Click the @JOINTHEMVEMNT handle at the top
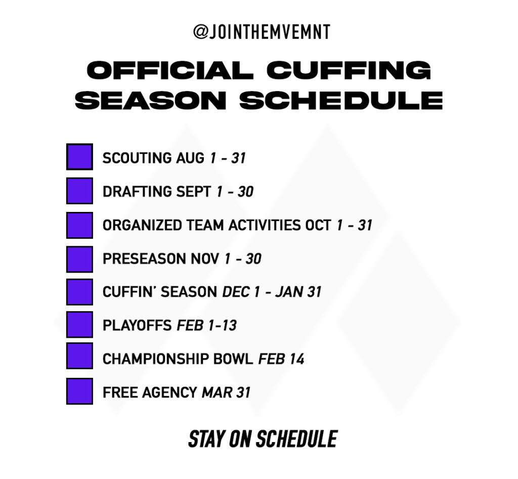pos(262,32)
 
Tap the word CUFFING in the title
pos(349,70)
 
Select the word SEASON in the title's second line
pos(151,100)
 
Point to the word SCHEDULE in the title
pos(341,100)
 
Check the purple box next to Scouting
pos(79,157)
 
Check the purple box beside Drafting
pos(79,191)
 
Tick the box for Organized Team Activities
pos(79,225)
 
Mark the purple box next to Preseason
pos(79,259)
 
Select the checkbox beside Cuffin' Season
pos(79,292)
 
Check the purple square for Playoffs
pos(79,324)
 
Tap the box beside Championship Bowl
pos(79,356)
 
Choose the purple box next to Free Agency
pos(79,391)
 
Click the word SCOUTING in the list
pos(137,158)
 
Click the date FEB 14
pos(281,359)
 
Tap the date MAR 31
pos(226,393)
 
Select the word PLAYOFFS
pos(137,325)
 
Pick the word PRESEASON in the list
pos(144,258)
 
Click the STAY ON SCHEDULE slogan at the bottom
pos(263,439)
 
